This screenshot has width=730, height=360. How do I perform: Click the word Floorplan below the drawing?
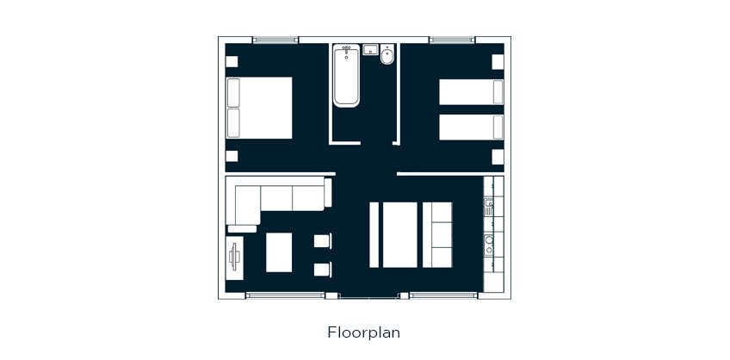coord(363,332)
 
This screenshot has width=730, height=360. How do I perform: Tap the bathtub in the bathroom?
coord(346,76)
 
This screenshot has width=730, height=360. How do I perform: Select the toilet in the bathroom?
coord(387,55)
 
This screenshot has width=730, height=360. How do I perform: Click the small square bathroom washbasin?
coord(370,49)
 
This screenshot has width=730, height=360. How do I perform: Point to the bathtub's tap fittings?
coord(346,49)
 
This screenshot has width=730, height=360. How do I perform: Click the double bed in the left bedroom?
coord(259,108)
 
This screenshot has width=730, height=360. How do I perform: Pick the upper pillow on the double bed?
coord(233,93)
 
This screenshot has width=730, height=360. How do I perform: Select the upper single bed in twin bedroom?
coord(471,92)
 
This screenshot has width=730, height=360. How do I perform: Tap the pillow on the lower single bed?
coord(498,127)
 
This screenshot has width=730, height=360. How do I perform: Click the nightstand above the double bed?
coord(232,61)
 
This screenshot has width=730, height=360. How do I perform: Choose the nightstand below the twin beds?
coord(498,157)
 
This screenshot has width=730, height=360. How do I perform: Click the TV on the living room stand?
coord(235,258)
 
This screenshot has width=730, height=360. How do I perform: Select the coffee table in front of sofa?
coord(279,252)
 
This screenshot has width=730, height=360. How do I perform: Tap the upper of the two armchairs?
coord(323,241)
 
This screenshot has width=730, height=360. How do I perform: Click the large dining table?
coord(400,235)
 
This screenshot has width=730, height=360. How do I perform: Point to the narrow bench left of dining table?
coord(374,235)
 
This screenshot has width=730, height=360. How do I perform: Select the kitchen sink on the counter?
coord(489,207)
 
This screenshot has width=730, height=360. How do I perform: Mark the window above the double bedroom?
coord(275,40)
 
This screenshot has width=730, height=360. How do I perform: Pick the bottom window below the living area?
coord(285,295)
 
